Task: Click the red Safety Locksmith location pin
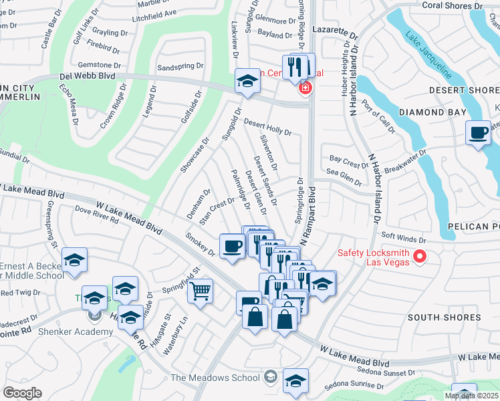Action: pos(420,255)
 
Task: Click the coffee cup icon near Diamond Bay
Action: pos(479,133)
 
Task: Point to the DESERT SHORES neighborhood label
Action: pos(464,90)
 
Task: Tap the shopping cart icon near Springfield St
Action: pos(200,291)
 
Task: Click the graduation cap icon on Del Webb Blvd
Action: pos(247,82)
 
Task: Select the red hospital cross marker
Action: pos(305,88)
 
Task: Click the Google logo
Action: pos(23,392)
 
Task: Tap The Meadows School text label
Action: pos(216,378)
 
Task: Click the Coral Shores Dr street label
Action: pos(453,5)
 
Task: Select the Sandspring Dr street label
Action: pos(180,68)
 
